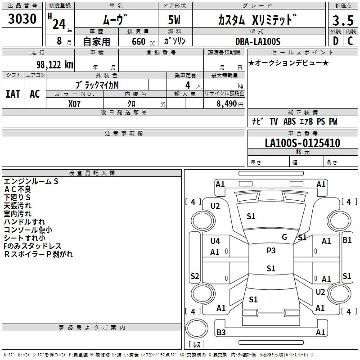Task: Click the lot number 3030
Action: pyautogui.click(x=22, y=19)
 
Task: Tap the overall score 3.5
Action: pyautogui.click(x=342, y=20)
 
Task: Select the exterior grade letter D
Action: pyautogui.click(x=335, y=41)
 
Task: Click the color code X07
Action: pyautogui.click(x=75, y=103)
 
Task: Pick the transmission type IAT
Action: pyautogui.click(x=13, y=94)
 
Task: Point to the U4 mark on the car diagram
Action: pyautogui.click(x=215, y=241)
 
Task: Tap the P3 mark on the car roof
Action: pyautogui.click(x=271, y=251)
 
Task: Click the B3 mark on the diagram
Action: pyautogui.click(x=221, y=333)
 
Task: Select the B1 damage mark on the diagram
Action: pyautogui.click(x=347, y=240)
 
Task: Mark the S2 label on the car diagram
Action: pyautogui.click(x=195, y=276)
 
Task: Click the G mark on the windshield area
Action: pyautogui.click(x=284, y=237)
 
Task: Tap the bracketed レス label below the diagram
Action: pyautogui.click(x=196, y=345)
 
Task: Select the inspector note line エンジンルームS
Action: pyautogui.click(x=31, y=181)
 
